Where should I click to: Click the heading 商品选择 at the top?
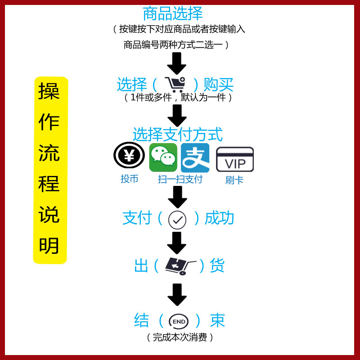[x=173, y=13]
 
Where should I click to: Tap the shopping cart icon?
[x=175, y=84]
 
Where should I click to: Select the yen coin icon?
[x=129, y=156]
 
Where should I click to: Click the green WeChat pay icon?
[x=163, y=157]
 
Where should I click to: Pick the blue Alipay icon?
[x=195, y=157]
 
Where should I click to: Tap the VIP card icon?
[x=235, y=160]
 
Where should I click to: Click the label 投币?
[x=129, y=179]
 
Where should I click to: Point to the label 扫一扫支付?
[x=180, y=179]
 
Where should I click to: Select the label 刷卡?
[x=234, y=180]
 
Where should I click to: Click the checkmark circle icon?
[x=177, y=220]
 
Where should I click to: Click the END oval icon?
[x=178, y=321]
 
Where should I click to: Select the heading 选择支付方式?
[x=177, y=134]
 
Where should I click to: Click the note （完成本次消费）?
[x=180, y=337]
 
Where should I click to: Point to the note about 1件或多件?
[x=179, y=97]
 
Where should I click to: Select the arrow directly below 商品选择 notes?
[x=177, y=63]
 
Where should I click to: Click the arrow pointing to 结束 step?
[x=177, y=295]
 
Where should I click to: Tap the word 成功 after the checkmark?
[x=220, y=218]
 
